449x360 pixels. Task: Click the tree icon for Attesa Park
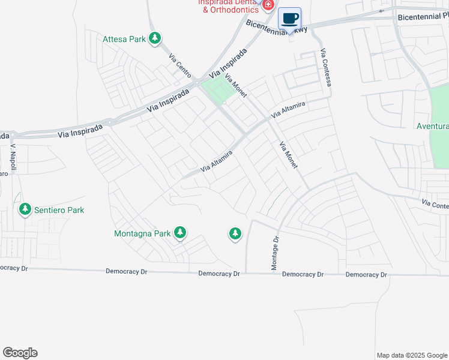155,39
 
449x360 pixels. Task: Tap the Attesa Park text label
124,40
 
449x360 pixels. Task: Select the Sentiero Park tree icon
25,209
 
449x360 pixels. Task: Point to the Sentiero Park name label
59,210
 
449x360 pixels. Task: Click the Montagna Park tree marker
179,232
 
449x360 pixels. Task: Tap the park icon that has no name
235,233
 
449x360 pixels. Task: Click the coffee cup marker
289,19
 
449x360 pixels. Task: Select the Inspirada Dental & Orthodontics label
229,5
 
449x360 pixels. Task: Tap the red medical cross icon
268,5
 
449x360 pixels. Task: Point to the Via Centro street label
180,66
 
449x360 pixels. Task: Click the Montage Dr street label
276,253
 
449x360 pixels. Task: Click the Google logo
20,353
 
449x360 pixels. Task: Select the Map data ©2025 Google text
411,355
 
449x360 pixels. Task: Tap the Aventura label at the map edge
433,127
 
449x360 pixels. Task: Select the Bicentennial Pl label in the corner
423,17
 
